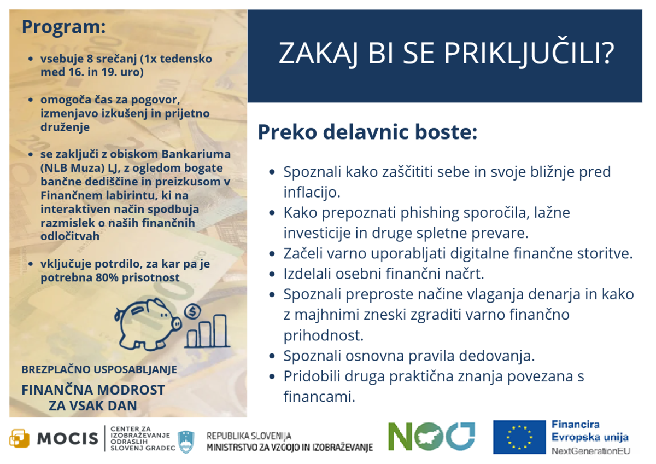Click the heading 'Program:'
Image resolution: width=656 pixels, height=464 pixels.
[63, 27]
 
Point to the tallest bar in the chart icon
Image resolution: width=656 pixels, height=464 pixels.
[220, 330]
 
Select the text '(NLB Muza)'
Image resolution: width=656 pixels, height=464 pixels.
[71, 168]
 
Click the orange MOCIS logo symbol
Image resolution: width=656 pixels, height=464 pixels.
[19, 438]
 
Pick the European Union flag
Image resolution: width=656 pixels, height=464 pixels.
[519, 437]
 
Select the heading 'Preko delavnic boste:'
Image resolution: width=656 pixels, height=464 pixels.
[367, 133]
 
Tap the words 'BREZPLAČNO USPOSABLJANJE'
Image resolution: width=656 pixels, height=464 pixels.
[99, 369]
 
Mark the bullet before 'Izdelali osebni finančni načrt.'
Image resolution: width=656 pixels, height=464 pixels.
[272, 274]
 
